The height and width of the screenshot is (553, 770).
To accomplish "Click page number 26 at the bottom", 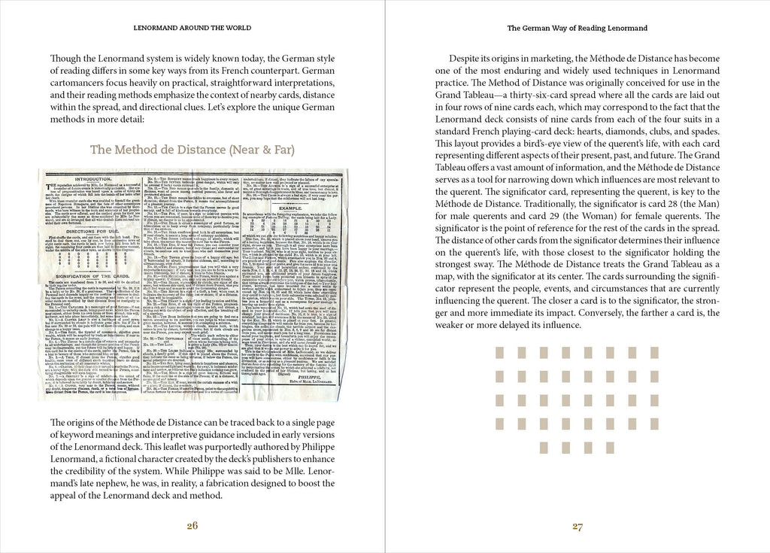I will (192, 526).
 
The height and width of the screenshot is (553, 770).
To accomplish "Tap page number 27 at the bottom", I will (577, 526).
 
